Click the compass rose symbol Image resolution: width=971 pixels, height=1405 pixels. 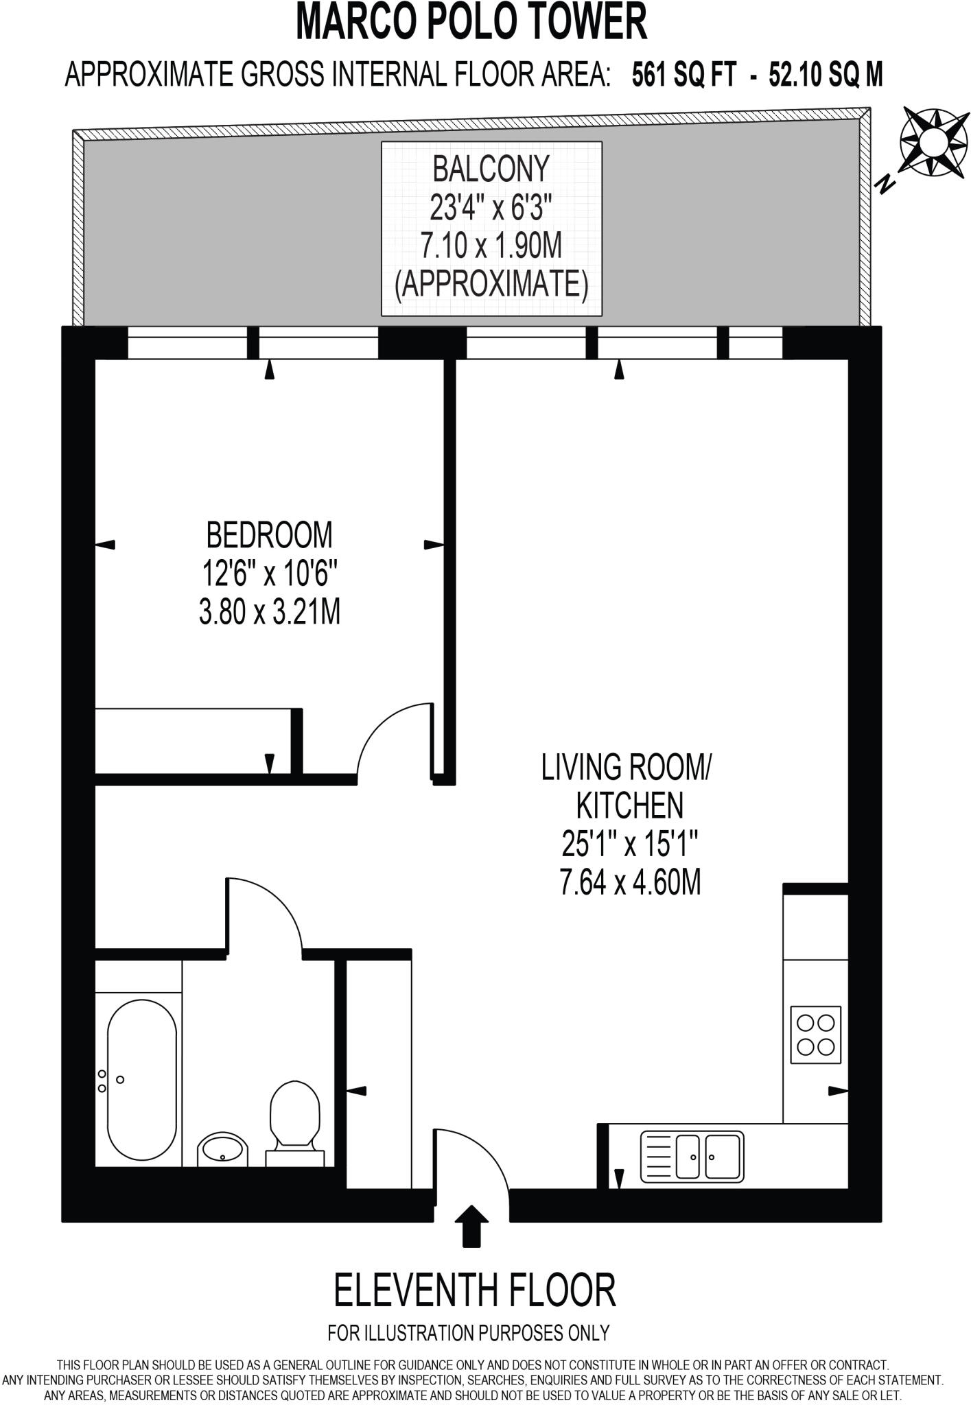click(931, 141)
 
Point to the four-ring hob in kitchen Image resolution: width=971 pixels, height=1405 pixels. click(816, 1035)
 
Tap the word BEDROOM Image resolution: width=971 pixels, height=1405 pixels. click(269, 535)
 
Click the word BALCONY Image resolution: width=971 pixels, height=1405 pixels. click(491, 169)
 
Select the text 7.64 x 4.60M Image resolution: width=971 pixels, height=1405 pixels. click(630, 883)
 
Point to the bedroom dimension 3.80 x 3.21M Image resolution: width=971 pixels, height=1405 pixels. click(269, 612)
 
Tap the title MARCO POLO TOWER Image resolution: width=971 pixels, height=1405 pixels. click(472, 22)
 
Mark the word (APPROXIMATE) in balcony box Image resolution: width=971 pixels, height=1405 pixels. click(491, 284)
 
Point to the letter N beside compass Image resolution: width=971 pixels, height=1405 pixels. click(886, 184)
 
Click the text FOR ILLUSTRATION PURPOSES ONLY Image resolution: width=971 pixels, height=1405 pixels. click(469, 1333)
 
